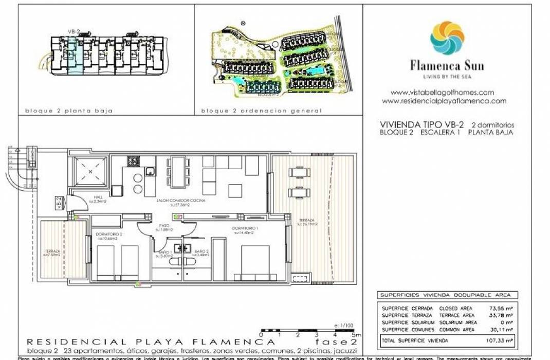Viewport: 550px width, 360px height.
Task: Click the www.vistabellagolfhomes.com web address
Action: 442,93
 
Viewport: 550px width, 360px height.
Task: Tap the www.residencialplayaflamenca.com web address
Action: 444,101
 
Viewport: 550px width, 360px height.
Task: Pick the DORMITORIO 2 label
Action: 107,236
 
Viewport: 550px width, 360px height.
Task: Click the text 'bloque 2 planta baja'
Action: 68,111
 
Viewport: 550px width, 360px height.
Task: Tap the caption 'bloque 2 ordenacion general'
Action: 261,111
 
